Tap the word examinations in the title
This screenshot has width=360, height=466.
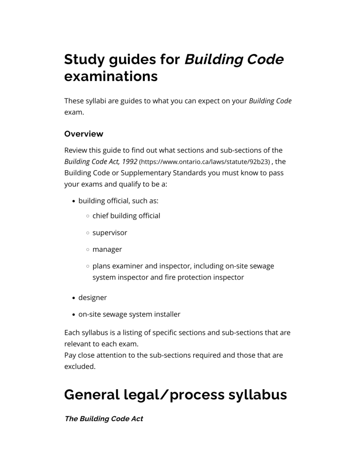[111, 77]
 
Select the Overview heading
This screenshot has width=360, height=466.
[83, 134]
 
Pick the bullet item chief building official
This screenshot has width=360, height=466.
[126, 216]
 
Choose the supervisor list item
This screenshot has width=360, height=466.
[110, 233]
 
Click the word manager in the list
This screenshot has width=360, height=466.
[107, 249]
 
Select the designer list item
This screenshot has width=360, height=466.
[92, 297]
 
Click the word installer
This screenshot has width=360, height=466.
[165, 314]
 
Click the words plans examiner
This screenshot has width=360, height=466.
[117, 266]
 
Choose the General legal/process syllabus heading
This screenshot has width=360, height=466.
[175, 395]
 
